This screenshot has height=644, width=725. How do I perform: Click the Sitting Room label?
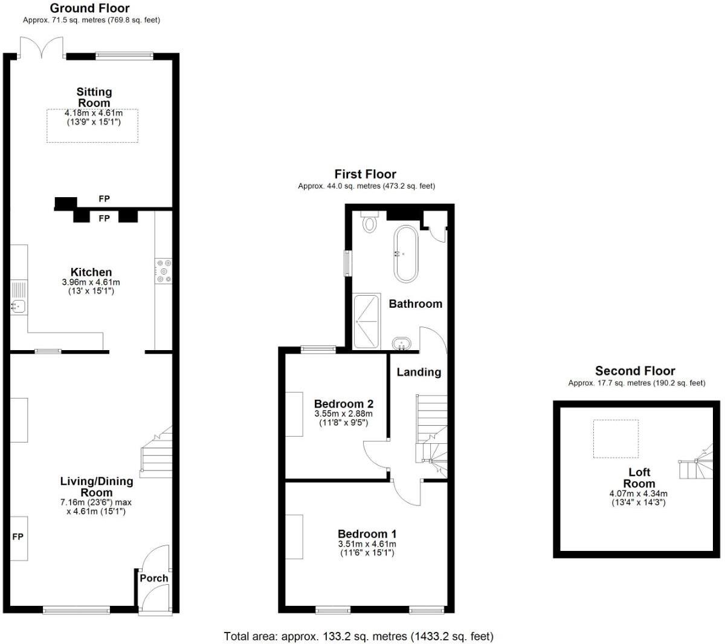tap(94, 97)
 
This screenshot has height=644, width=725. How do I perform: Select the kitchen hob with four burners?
tap(163, 270)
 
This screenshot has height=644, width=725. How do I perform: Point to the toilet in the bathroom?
tap(369, 222)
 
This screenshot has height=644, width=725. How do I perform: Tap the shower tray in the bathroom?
tap(367, 321)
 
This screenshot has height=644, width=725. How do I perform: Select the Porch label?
tap(153, 578)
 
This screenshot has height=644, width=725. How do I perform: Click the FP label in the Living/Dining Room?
tap(18, 537)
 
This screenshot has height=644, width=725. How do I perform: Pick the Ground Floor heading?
tap(89, 8)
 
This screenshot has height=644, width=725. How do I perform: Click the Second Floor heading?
tap(635, 371)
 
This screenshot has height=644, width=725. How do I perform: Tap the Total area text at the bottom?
tap(359, 636)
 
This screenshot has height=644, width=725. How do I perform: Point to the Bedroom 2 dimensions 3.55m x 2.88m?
tap(344, 414)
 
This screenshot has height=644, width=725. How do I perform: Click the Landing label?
tap(419, 372)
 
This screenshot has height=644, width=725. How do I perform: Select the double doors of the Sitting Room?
tap(41, 48)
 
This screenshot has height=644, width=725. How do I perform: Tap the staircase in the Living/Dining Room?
tap(156, 451)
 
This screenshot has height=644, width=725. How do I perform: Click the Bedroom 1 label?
tap(367, 534)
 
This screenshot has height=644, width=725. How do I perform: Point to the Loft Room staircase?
tap(698, 464)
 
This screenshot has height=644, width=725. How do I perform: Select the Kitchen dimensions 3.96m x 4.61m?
tap(91, 282)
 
